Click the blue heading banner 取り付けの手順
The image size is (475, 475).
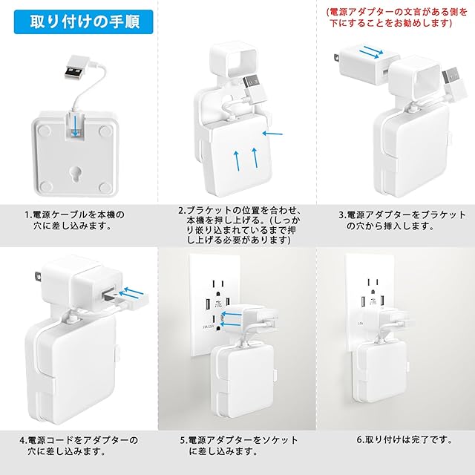pyautogui.click(x=84, y=22)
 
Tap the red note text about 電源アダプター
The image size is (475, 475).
pyautogui.click(x=396, y=17)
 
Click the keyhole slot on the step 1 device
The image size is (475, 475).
pyautogui.click(x=74, y=174)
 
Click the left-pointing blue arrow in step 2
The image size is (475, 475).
pyautogui.click(x=272, y=134)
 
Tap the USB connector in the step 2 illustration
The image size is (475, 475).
pyautogui.click(x=254, y=87)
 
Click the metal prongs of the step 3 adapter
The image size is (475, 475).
pyautogui.click(x=336, y=58)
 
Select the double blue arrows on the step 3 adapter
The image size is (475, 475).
pyautogui.click(x=371, y=52)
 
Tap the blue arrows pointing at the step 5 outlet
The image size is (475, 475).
pyautogui.click(x=232, y=319)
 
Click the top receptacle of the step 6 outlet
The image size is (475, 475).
pyautogui.click(x=373, y=285)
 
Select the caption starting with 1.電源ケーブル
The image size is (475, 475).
pyautogui.click(x=74, y=220)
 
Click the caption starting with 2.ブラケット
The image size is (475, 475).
pyautogui.click(x=239, y=225)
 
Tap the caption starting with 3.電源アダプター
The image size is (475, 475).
pyautogui.click(x=402, y=220)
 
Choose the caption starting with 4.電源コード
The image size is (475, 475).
pyautogui.click(x=79, y=445)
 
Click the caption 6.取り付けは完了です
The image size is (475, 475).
pyautogui.click(x=404, y=439)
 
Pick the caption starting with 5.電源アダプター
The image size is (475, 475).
pyautogui.click(x=239, y=445)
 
